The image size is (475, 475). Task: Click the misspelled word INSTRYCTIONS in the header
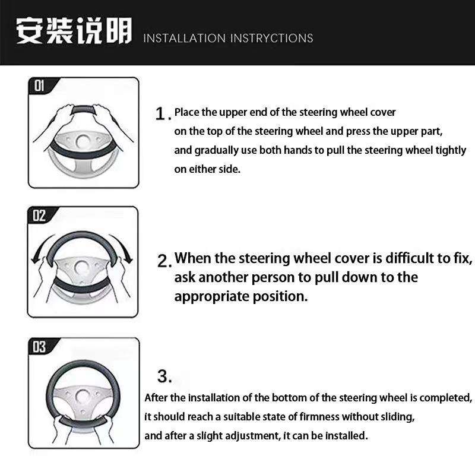click(271, 38)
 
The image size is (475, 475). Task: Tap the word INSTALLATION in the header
click(184, 38)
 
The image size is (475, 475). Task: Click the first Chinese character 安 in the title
click(29, 31)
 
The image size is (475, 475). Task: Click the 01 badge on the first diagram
click(39, 85)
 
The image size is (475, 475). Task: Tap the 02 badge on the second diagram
click(39, 216)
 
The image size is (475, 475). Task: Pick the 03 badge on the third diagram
click(39, 347)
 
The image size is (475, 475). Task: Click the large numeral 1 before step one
click(160, 114)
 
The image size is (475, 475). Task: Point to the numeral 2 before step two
click(163, 261)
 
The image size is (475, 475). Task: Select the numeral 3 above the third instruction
click(163, 376)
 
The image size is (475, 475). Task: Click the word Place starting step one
click(187, 112)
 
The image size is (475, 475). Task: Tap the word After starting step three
click(156, 398)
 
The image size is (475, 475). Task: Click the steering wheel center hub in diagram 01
click(82, 141)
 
